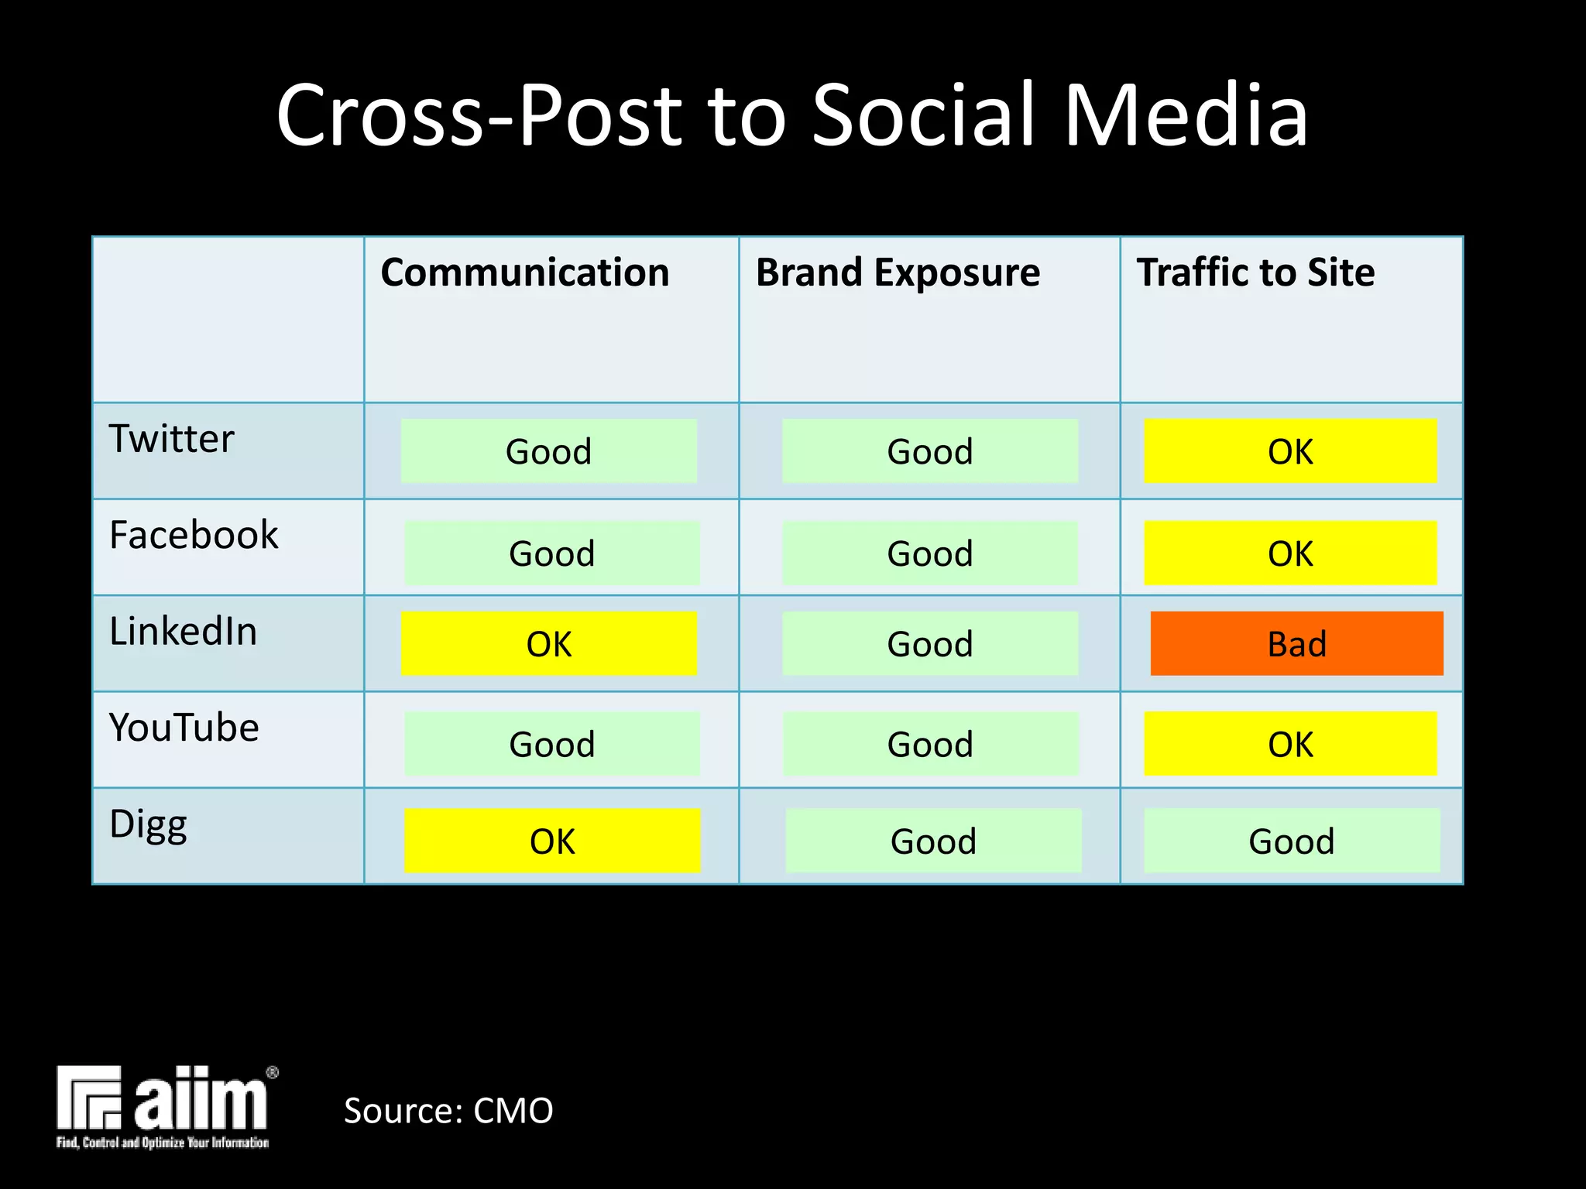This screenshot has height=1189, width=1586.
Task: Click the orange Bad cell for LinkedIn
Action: [x=1296, y=643]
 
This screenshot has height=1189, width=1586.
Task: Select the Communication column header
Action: [x=525, y=272]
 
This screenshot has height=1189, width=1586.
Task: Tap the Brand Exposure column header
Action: [x=898, y=272]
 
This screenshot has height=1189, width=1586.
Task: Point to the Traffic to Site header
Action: [x=1255, y=272]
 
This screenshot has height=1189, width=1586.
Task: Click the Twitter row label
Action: [x=171, y=439]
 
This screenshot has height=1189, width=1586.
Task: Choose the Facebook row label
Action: [x=194, y=535]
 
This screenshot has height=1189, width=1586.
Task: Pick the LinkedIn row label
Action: [x=183, y=631]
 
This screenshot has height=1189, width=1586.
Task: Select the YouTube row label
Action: [x=184, y=728]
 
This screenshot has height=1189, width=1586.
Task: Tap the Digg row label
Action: [x=148, y=824]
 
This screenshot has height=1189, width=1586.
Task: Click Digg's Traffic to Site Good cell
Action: [x=1292, y=841]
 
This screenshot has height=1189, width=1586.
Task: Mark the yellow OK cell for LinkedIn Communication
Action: [x=549, y=643]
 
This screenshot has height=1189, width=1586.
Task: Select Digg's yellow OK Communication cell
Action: [x=552, y=841]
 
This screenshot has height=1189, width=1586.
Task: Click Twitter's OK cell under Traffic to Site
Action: [x=1290, y=451]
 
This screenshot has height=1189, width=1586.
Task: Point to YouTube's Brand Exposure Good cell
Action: [x=930, y=744]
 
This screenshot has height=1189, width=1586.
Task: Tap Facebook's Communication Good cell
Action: [x=552, y=553]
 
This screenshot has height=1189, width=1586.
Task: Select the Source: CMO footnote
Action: [x=448, y=1111]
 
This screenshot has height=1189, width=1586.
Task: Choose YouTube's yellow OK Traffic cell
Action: [x=1290, y=744]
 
